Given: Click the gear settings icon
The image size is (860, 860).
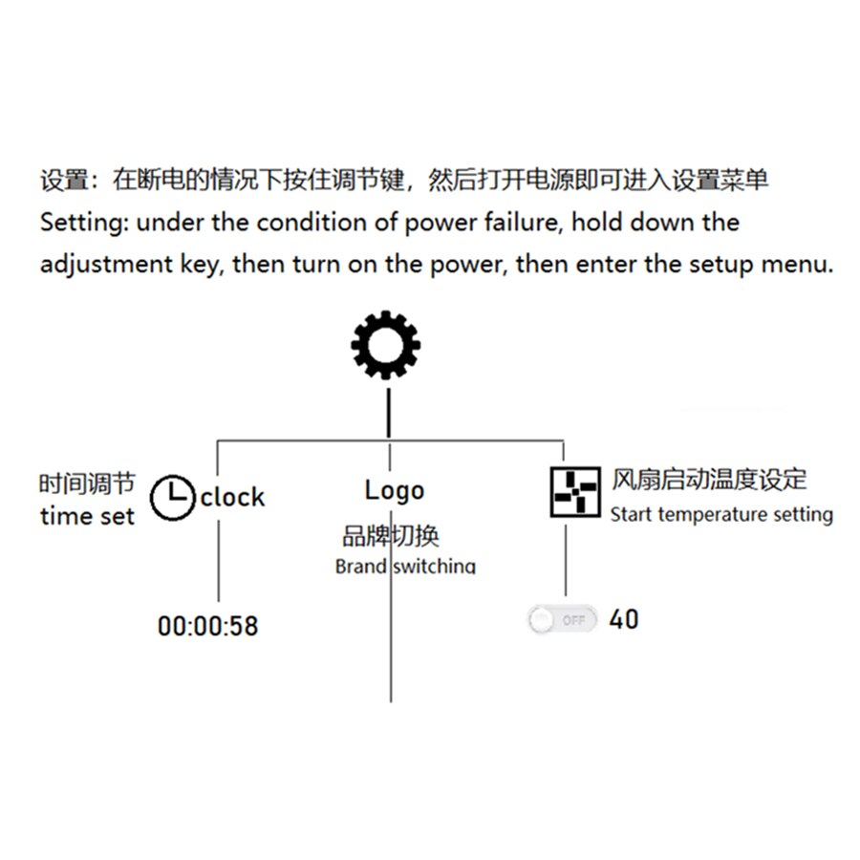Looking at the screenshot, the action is coord(386,345).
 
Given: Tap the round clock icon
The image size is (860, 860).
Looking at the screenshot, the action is coord(173,498).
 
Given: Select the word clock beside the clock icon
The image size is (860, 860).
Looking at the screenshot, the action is coord(232,498).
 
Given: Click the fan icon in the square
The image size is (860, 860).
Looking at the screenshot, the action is coord(575,492).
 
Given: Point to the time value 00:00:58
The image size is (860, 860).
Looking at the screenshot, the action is coord(208,626).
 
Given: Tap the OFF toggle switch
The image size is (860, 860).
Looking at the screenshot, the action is coord(562,620).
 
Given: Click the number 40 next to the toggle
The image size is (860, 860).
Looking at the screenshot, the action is coord(624,620).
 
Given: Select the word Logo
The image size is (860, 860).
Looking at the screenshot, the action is coord(395,491).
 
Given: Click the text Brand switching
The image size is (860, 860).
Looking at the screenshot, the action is coord(405,566).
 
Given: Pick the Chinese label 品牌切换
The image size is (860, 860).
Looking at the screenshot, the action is coord(391,536).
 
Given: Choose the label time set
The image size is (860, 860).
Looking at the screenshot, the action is coord(87,516).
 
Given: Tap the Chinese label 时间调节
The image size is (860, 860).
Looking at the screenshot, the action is coord(87,484).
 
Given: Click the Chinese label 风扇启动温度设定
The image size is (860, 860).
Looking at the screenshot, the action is coord(709,480).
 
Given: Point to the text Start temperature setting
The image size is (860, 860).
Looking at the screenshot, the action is coord(721,514).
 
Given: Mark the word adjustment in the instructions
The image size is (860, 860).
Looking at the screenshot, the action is coord(106,265).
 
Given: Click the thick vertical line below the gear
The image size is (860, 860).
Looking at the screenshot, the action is coord(389,413).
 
